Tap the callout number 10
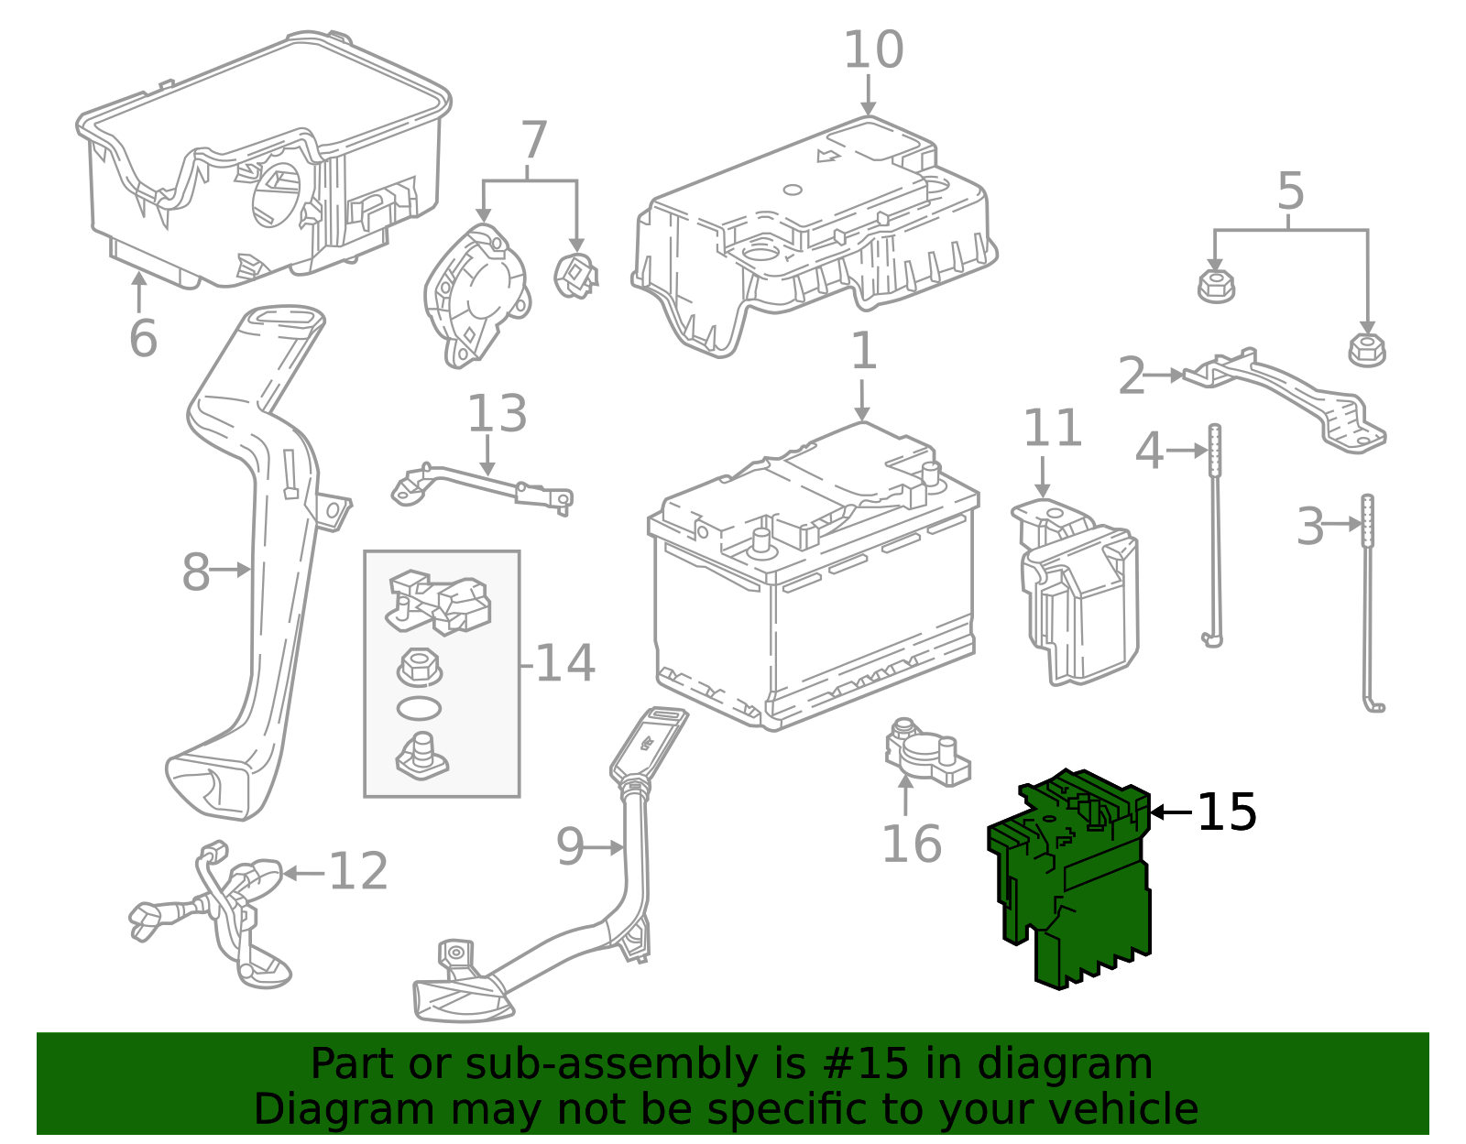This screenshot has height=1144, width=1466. coord(872,50)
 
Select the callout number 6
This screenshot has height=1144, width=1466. coord(143,339)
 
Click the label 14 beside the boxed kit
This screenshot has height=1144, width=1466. coord(564,663)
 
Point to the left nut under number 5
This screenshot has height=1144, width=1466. coord(1216,286)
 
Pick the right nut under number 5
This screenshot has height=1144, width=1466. coord(1366,350)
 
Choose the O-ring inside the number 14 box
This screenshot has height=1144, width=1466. coord(419,708)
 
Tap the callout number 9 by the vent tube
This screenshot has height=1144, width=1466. coord(569,847)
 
